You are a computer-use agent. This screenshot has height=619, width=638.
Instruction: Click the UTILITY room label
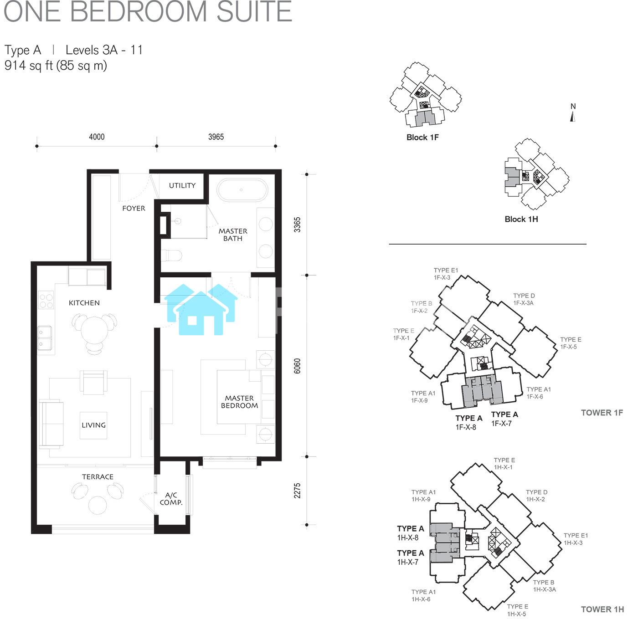(182, 185)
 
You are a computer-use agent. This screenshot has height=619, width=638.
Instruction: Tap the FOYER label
(134, 209)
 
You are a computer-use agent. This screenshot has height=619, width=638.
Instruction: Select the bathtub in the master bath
(242, 190)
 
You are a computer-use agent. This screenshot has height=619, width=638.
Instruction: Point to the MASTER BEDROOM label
(239, 402)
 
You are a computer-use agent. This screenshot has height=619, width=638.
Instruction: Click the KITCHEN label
(84, 303)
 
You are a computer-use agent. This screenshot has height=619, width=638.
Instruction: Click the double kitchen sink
(45, 338)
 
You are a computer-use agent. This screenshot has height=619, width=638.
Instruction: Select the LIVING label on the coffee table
(93, 425)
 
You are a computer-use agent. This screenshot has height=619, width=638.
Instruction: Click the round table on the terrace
(98, 505)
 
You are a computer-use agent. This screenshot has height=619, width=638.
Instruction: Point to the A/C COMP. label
(171, 498)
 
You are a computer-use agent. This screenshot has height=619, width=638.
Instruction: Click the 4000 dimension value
(97, 137)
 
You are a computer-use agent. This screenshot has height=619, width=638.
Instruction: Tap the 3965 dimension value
(216, 137)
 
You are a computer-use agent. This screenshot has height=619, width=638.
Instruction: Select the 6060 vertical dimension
(297, 366)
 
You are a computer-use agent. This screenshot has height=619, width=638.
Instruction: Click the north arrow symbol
(573, 117)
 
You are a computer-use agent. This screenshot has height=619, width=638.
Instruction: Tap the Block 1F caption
(422, 137)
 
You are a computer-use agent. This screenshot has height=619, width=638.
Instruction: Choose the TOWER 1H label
(602, 609)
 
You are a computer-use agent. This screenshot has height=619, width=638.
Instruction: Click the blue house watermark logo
(201, 310)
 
